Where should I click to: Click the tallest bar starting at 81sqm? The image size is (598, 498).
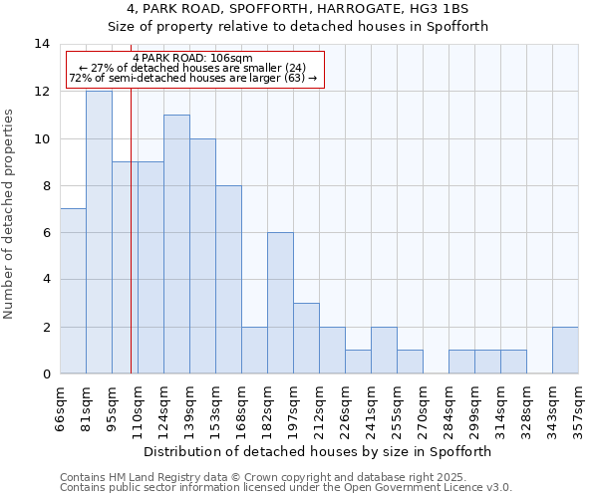[99, 232]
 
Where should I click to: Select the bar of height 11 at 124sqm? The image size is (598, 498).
[176, 244]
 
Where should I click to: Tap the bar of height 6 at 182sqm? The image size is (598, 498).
[280, 303]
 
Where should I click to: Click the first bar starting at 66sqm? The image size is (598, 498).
[73, 291]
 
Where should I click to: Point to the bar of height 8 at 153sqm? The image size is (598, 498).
[228, 279]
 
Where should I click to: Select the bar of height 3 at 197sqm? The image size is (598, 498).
[306, 338]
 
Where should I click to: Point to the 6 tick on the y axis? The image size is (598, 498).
[46, 233]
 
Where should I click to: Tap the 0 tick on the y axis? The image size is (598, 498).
[46, 374]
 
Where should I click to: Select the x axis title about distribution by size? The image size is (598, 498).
[319, 451]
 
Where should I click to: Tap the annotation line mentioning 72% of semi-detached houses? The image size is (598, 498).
[193, 78]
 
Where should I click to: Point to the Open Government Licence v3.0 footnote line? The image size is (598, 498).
[286, 488]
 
